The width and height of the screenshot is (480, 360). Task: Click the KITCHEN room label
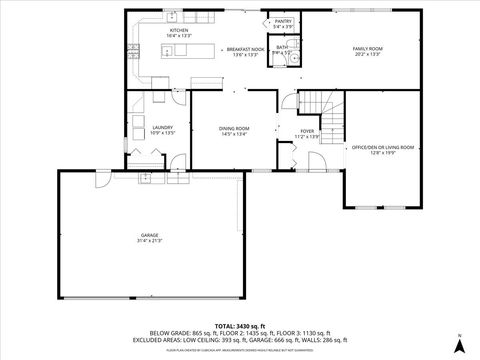click(x=179, y=31)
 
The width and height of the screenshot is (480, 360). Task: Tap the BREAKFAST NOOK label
click(x=245, y=49)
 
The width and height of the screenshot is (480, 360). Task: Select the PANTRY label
click(x=284, y=20)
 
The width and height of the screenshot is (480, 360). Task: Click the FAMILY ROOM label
click(x=367, y=49)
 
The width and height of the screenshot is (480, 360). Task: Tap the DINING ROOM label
click(x=234, y=127)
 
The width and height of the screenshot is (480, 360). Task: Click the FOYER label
click(x=307, y=130)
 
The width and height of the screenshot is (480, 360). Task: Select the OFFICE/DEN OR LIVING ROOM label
click(x=383, y=147)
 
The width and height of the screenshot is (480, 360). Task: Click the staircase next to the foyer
click(x=321, y=104)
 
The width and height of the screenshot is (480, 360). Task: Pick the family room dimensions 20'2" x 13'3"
click(x=367, y=55)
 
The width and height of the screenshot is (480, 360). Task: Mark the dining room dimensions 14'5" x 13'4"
click(x=234, y=133)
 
